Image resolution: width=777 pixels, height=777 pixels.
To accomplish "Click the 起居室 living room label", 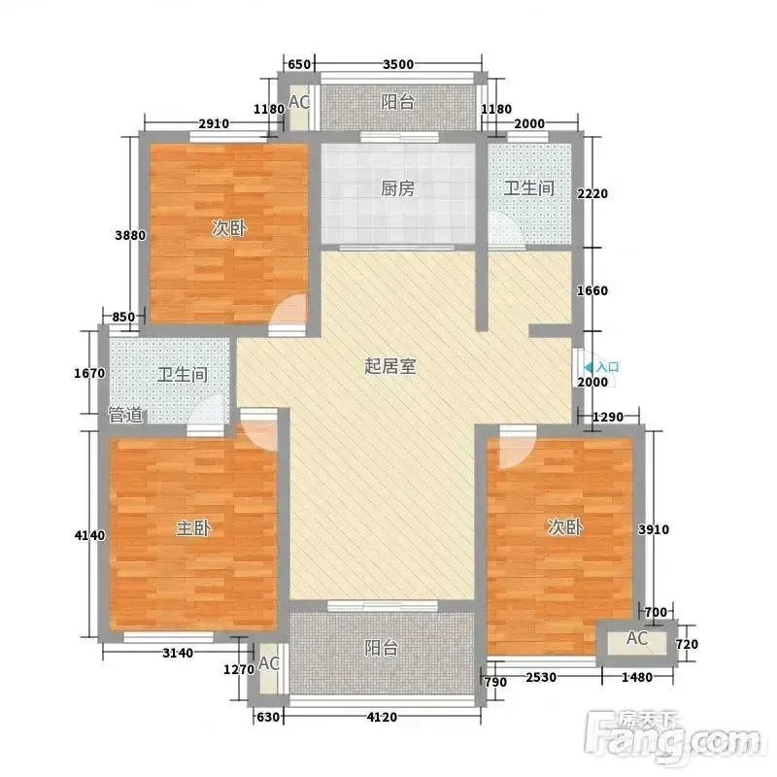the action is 390,366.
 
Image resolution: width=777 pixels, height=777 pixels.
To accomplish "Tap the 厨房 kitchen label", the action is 397,188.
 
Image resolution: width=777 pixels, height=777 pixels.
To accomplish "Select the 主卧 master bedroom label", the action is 193,527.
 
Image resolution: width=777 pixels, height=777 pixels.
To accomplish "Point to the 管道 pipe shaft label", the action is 126,415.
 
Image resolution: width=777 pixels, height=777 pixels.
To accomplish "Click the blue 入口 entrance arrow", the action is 588,367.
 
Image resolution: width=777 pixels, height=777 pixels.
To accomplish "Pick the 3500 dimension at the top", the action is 398,64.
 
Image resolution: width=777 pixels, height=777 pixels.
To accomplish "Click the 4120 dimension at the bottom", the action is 382,717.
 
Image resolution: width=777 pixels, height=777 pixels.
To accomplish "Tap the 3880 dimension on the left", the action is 130,235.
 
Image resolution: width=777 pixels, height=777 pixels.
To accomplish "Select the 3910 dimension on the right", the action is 654,529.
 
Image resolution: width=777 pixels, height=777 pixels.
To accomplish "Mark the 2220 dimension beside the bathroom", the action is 592,193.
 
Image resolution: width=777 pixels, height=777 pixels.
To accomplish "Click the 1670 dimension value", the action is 89,373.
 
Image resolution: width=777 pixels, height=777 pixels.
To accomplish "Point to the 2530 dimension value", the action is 541,677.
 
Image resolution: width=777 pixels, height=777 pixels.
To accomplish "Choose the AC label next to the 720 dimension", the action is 637,638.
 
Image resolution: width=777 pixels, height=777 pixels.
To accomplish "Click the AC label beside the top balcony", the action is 299,102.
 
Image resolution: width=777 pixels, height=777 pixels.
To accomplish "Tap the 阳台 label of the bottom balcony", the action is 381,648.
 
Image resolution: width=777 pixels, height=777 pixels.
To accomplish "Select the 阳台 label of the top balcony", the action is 397,102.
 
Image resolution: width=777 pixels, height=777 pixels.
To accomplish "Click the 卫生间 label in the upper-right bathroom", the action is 528,188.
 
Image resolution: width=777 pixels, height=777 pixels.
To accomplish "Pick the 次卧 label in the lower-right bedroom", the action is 564,526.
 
